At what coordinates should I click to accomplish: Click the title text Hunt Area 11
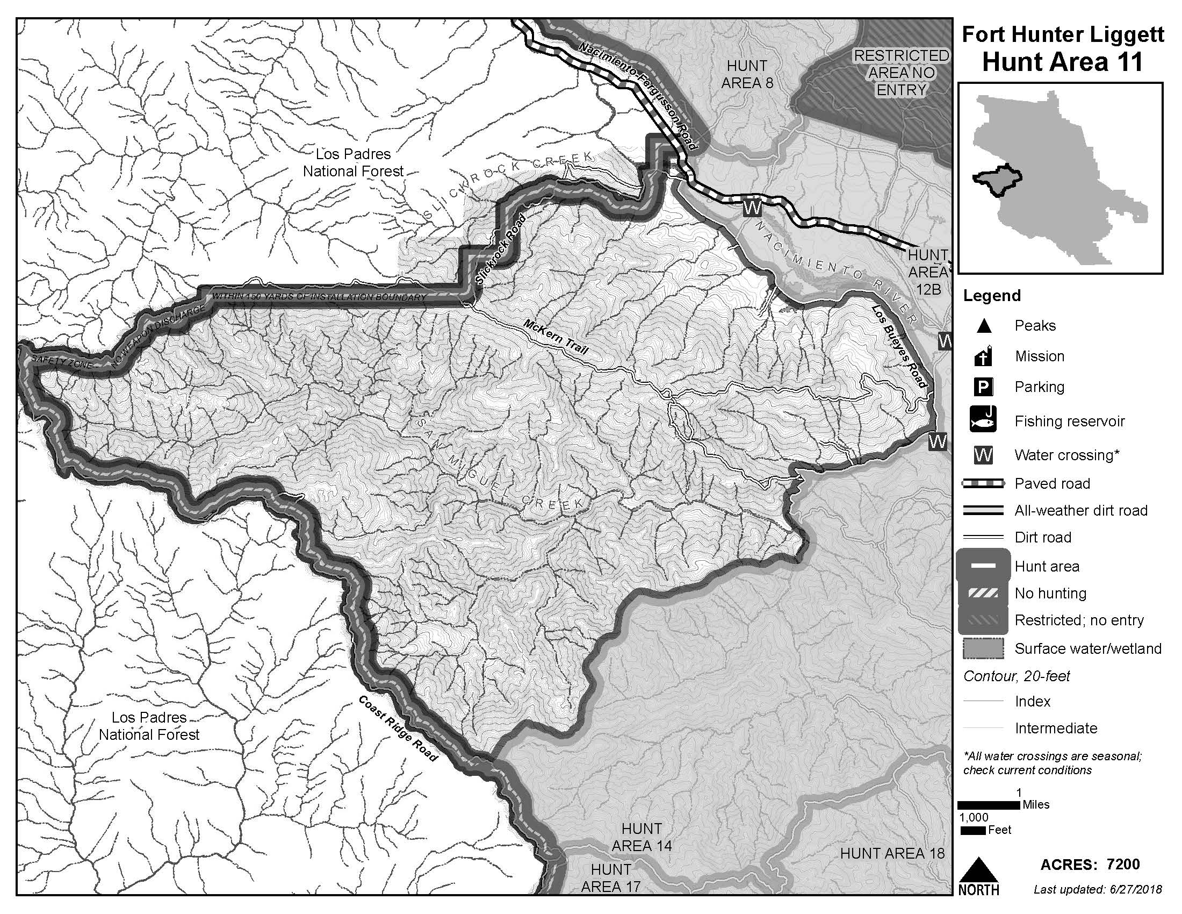pos(1062,62)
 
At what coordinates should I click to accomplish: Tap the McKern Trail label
pos(556,336)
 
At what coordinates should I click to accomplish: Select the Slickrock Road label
pos(501,250)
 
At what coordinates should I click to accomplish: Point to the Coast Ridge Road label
pos(398,729)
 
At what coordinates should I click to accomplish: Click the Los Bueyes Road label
pos(899,346)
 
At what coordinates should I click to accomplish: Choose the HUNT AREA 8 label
pos(746,74)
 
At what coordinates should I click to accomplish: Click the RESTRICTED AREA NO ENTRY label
pos(901,73)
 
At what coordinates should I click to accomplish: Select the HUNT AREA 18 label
pos(892,853)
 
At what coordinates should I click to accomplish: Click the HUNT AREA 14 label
pos(642,837)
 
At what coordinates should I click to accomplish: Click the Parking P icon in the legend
pos(983,387)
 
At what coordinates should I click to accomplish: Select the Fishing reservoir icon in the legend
pos(983,420)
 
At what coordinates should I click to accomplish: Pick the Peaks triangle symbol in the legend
pos(983,326)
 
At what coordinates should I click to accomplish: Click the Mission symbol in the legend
pos(983,356)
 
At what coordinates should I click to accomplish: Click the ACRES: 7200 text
pos(1090,865)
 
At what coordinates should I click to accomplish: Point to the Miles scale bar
pos(989,805)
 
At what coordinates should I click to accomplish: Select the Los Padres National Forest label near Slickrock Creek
pos(354,162)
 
